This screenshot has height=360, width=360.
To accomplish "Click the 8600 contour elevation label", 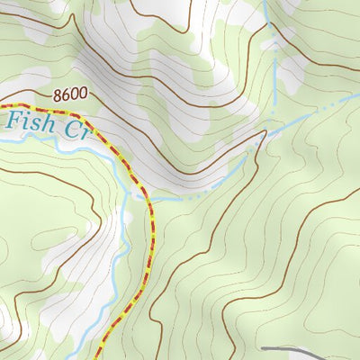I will (69, 94).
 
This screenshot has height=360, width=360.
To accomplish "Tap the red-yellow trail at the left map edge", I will (2, 106).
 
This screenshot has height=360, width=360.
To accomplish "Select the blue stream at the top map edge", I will (267, 2).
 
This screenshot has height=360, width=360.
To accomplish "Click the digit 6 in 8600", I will (66, 94).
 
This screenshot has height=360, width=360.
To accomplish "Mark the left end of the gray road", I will (263, 347).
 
